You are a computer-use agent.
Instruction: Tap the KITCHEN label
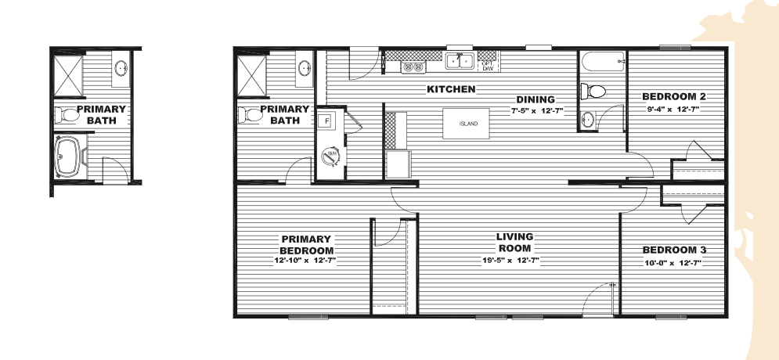451,89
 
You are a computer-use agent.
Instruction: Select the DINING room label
535,99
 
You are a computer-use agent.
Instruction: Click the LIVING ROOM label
515,243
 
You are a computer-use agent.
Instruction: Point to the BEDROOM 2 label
673,96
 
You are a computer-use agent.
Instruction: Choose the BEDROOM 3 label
674,250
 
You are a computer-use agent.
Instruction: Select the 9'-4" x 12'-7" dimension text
673,109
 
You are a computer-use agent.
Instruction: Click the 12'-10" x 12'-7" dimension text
305,261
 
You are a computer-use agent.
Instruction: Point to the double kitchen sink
460,60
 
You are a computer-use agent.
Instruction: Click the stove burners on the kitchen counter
413,67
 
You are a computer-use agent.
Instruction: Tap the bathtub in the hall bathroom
601,61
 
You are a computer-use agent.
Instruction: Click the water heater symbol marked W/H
330,156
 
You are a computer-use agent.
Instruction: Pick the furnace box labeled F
327,121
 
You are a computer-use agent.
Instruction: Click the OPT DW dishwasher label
488,66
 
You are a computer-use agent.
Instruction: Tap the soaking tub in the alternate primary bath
69,157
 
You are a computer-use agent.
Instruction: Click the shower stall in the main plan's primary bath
252,76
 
